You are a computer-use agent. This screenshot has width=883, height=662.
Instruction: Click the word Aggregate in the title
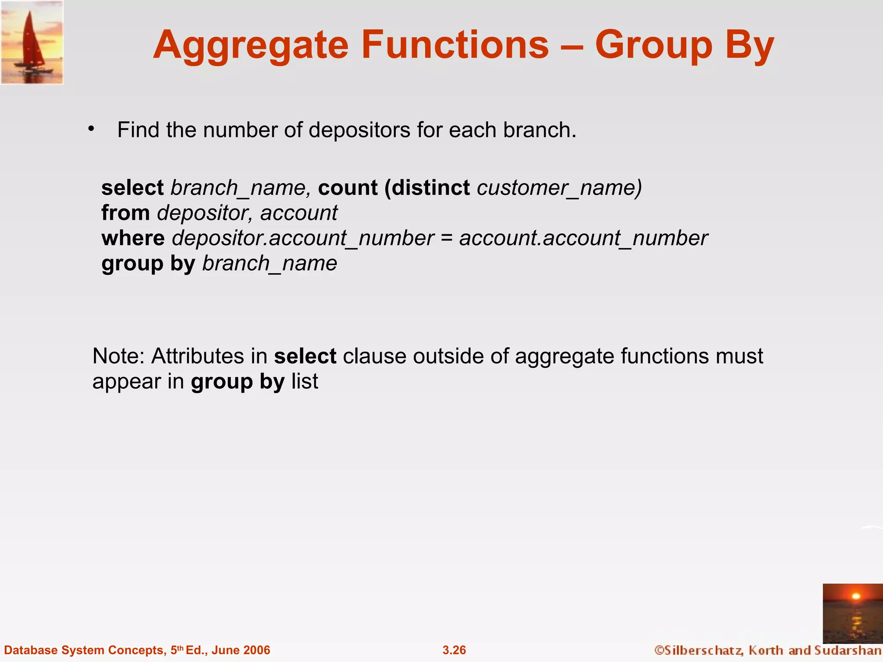[x=250, y=46]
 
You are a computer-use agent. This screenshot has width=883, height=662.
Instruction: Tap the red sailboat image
[x=32, y=42]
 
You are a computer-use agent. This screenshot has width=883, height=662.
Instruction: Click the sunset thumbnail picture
[x=852, y=613]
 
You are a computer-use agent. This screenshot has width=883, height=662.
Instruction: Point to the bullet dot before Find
[x=91, y=129]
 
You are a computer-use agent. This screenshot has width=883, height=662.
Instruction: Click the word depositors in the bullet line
[x=359, y=130]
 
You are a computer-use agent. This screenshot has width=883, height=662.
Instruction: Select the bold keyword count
[x=348, y=188]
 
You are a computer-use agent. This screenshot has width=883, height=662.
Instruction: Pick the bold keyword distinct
[x=431, y=188]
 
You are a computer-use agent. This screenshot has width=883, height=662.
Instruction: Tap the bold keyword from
[x=125, y=213]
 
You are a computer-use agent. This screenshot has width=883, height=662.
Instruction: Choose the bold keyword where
[x=133, y=238]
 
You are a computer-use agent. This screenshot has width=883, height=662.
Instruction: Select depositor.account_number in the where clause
[x=303, y=238]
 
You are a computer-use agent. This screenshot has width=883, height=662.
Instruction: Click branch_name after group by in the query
[x=269, y=263]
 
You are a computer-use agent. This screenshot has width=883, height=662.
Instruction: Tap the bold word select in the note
[x=305, y=356]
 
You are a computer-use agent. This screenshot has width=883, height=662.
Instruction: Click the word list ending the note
[x=305, y=381]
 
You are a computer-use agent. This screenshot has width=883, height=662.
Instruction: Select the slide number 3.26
[x=454, y=650]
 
